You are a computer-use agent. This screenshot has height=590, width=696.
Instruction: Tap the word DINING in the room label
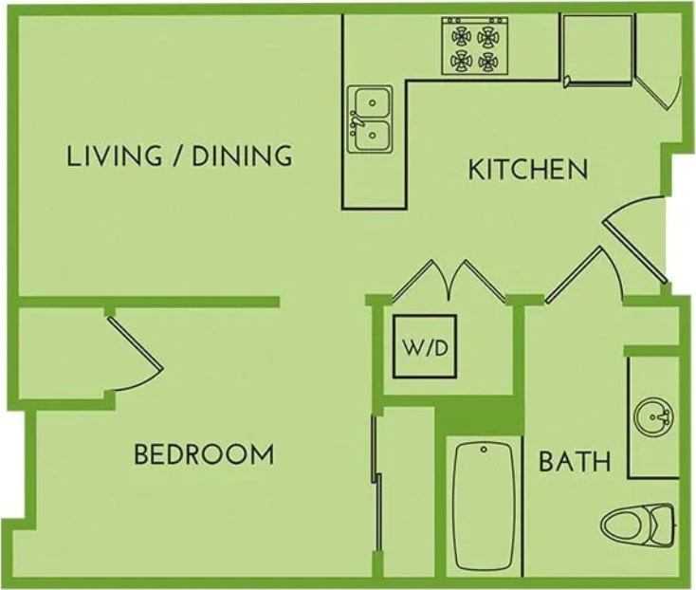pos(242,157)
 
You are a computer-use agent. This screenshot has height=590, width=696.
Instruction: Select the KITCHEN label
pos(529,171)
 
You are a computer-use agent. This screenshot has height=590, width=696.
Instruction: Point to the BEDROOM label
pos(204,455)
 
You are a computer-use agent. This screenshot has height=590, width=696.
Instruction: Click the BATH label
pos(575,463)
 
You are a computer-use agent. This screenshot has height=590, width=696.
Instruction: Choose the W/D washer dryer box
pos(427,347)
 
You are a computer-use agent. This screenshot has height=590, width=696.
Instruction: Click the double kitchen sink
pos(371,120)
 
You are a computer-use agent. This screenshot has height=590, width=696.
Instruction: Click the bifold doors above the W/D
pos(452,280)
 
